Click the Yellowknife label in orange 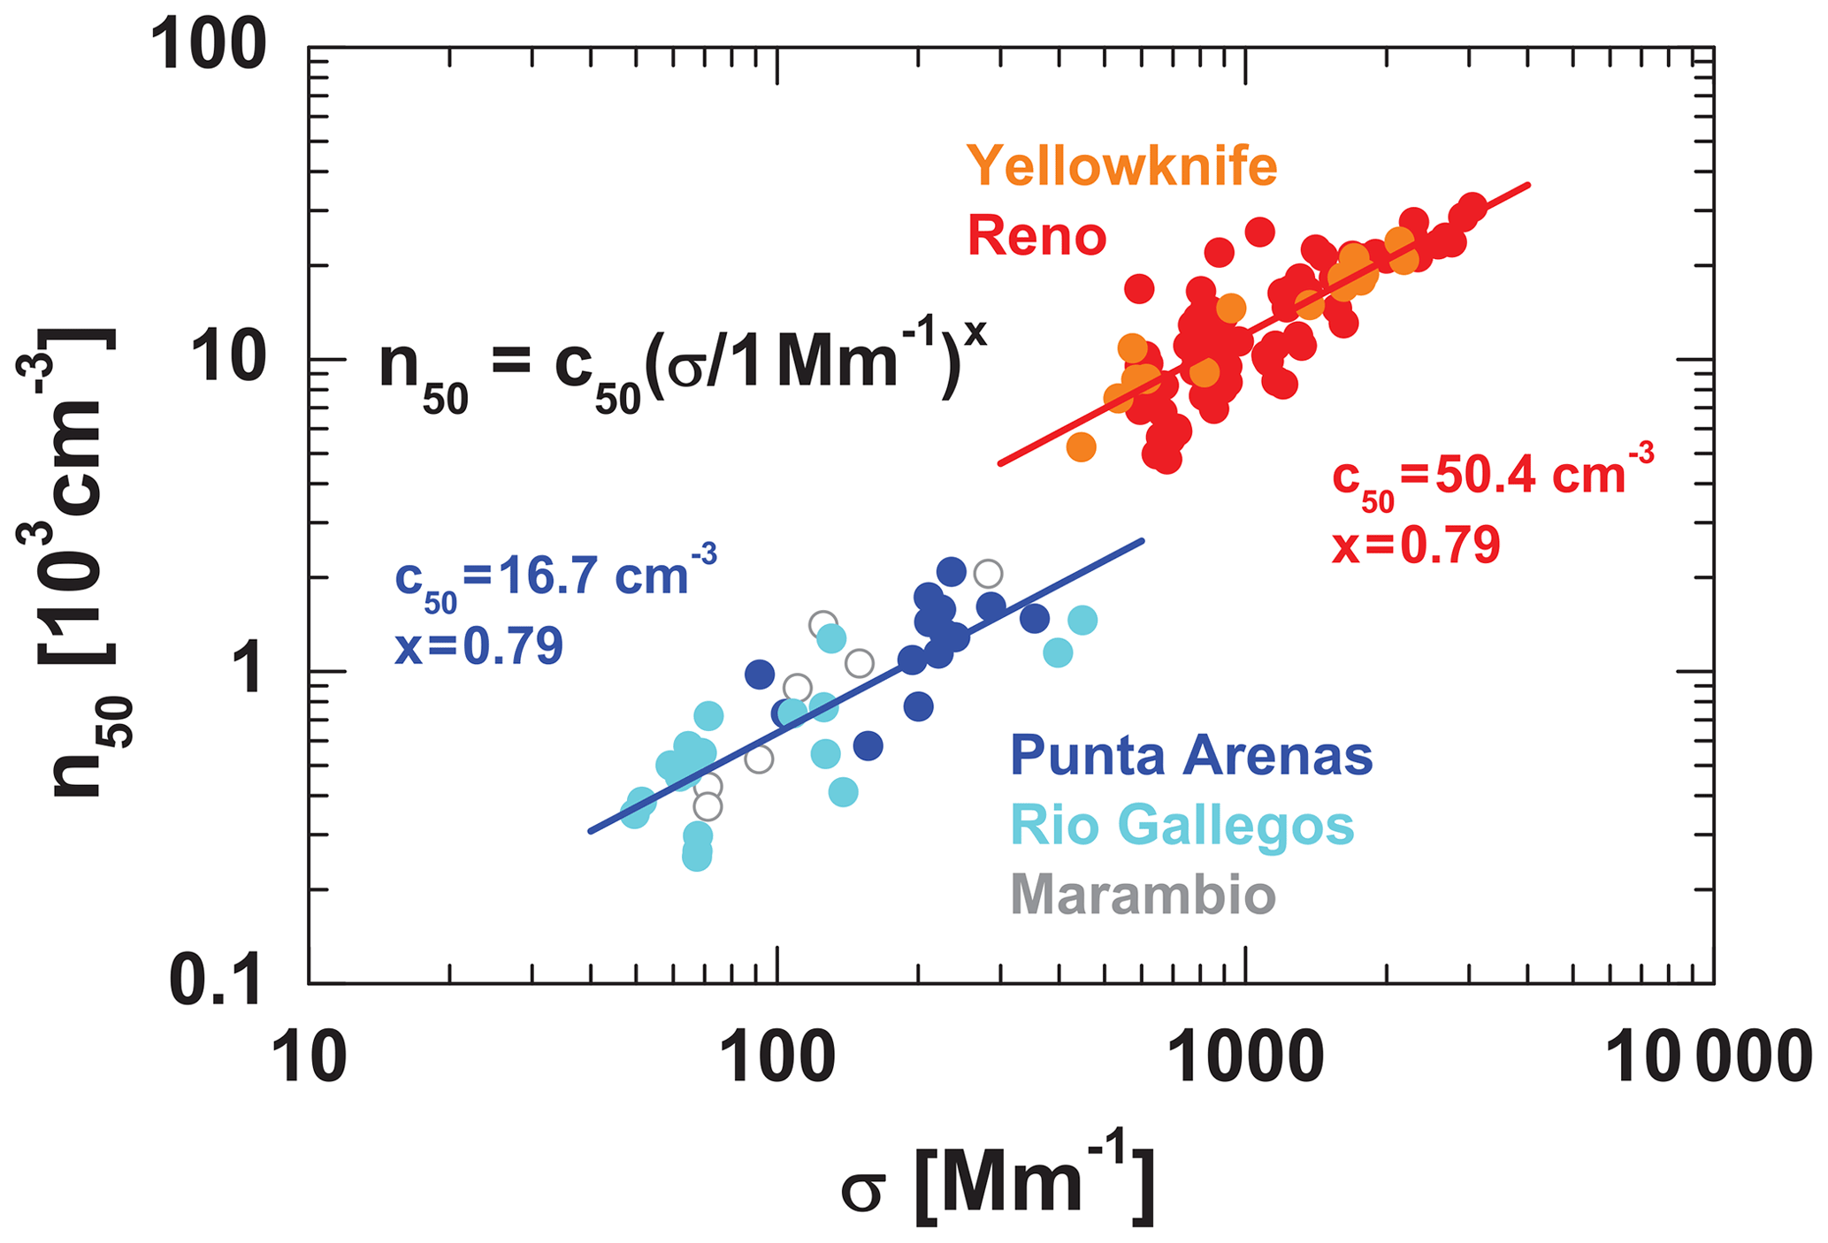[1121, 166]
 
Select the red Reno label [1036, 236]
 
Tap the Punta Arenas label [1190, 756]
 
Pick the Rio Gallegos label [1182, 826]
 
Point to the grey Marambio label [1143, 895]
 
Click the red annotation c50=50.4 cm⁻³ [1492, 477]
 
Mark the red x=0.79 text [1416, 545]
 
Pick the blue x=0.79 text [478, 646]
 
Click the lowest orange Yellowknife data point [1081, 447]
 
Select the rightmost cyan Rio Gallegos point [1082, 621]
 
